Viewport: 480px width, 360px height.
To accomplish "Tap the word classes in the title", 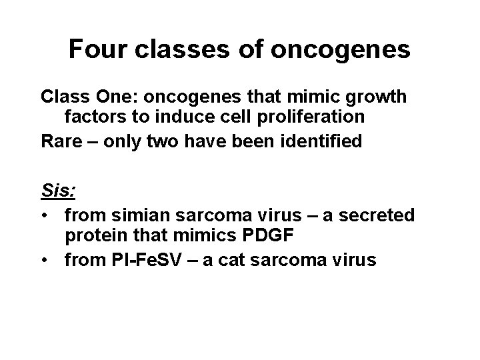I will point(183,49).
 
